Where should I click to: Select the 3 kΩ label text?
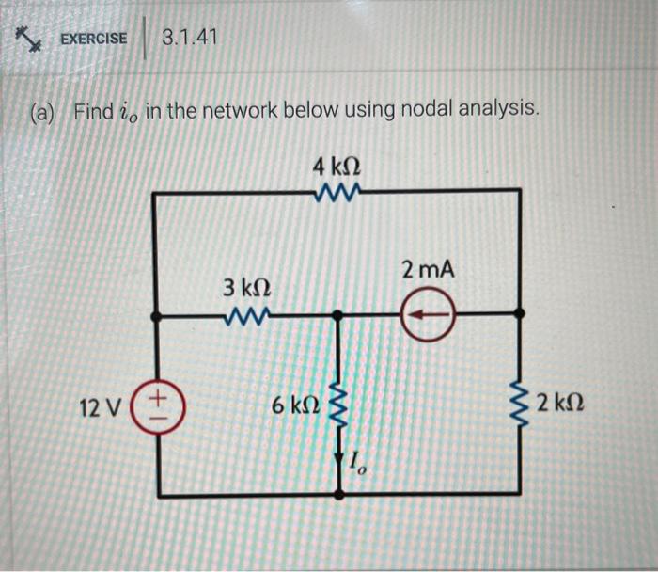(245, 287)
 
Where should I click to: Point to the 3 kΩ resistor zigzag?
(245, 313)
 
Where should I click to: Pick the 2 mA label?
(428, 270)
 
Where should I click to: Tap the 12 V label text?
(101, 408)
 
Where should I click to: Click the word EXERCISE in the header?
(93, 39)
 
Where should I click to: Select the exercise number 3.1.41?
(189, 39)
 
